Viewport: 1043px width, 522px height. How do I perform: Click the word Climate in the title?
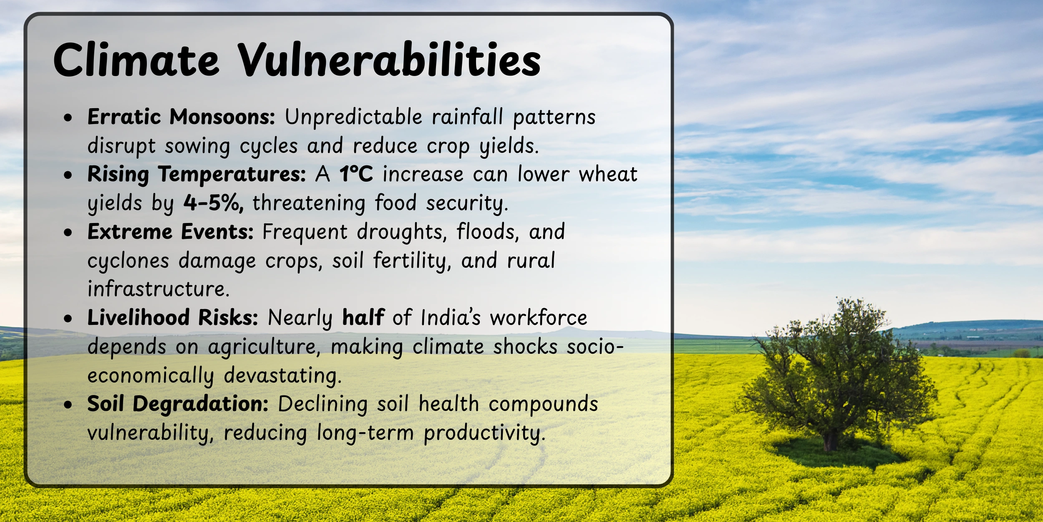point(136,60)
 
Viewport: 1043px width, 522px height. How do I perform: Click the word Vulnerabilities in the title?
point(389,60)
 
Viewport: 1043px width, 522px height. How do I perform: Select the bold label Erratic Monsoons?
point(181,117)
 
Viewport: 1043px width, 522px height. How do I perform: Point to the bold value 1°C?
point(356,174)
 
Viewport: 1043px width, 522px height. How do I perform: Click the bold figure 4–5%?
point(214,203)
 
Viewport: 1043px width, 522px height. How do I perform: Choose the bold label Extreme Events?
point(171,231)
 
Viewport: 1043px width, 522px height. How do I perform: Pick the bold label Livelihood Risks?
point(173,317)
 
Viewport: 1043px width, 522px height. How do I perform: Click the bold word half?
point(363,317)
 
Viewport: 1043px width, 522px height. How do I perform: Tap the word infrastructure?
point(159,289)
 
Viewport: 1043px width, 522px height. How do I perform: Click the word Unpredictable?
point(354,117)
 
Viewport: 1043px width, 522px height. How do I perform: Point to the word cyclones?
point(128,261)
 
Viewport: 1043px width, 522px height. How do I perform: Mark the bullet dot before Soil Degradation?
point(68,404)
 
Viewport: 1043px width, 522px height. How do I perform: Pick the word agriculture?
point(265,347)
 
